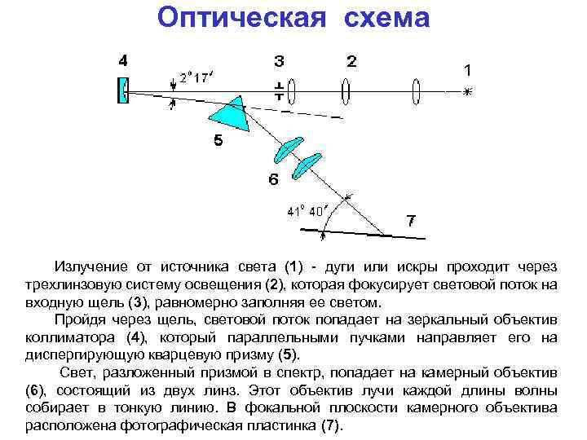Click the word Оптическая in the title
(231, 18)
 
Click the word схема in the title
(380, 18)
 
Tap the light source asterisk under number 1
(467, 91)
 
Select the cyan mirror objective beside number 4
(123, 90)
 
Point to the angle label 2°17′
(196, 77)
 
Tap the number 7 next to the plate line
(411, 221)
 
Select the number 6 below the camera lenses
(274, 179)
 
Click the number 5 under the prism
(218, 140)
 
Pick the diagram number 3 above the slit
(279, 61)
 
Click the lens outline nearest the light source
(417, 90)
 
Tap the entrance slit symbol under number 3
(279, 90)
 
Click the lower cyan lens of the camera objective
(307, 165)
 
